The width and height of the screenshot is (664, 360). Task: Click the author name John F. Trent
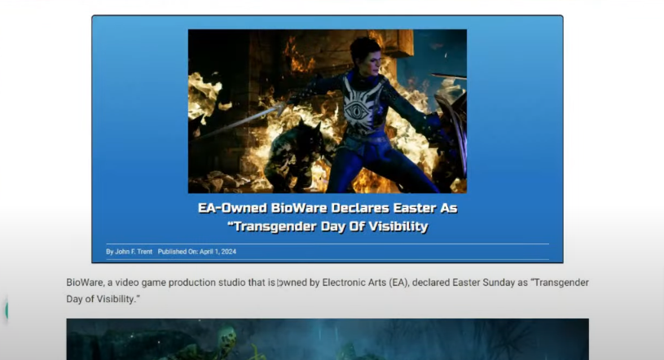click(134, 252)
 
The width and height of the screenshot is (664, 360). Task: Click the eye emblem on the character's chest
click(357, 110)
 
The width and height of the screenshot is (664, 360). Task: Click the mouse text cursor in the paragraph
click(279, 283)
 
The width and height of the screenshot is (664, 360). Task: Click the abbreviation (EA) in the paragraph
click(398, 283)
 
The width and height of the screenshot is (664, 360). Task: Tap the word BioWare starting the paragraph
click(83, 283)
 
